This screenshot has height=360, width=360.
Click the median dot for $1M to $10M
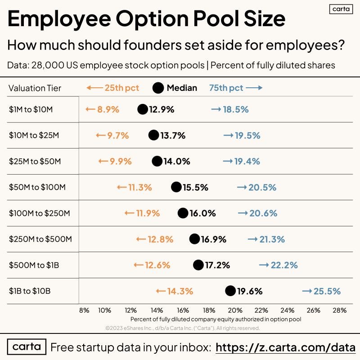click(143, 109)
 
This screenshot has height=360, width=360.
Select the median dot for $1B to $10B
click(230, 291)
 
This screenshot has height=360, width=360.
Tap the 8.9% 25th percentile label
click(108, 109)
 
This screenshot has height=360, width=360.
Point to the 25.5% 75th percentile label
click(327, 291)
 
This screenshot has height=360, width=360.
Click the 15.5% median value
click(195, 187)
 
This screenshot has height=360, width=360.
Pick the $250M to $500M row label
click(40, 239)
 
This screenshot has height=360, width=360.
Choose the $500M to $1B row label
click(34, 265)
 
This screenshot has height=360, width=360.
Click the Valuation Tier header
click(35, 88)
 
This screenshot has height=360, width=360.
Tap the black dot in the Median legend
click(158, 88)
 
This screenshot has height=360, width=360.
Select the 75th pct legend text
click(226, 88)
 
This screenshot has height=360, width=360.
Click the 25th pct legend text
click(122, 88)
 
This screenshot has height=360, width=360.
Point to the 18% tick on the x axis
click(209, 310)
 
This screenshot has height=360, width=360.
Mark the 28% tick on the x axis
click(339, 310)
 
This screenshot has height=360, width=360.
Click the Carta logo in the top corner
click(341, 9)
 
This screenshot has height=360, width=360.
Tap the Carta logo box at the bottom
click(27, 347)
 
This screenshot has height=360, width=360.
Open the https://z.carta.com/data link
click(286, 347)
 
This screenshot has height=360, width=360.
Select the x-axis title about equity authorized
click(216, 319)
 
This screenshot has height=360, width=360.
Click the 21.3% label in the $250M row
click(272, 239)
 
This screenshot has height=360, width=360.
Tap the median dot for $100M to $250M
click(183, 213)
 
